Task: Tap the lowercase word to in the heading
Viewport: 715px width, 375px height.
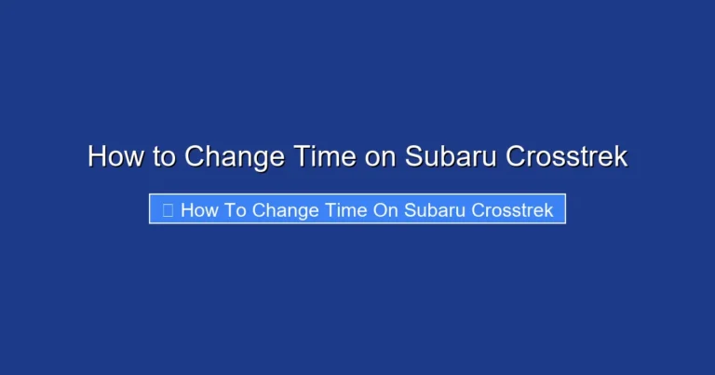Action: click(165, 156)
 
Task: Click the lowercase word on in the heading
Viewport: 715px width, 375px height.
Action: click(380, 156)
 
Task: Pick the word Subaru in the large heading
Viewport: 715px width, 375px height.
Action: click(450, 156)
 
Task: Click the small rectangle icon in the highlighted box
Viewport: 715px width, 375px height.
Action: click(168, 210)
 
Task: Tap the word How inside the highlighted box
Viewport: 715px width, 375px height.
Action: click(199, 210)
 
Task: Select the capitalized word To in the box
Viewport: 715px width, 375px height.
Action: click(236, 210)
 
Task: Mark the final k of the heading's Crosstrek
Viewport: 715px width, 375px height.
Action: click(622, 156)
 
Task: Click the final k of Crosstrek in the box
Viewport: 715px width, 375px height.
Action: click(549, 210)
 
